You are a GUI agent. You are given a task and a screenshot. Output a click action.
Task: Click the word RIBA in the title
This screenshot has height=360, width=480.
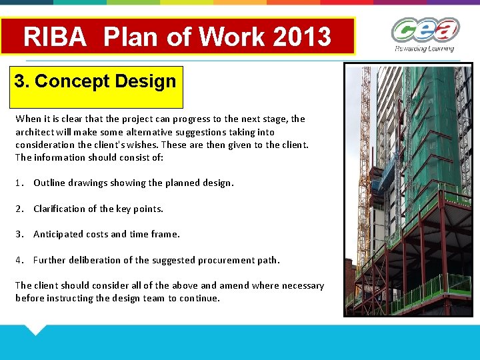pyautogui.click(x=55, y=37)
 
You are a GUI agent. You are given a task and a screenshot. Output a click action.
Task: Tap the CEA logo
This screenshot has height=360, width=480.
pyautogui.click(x=425, y=30)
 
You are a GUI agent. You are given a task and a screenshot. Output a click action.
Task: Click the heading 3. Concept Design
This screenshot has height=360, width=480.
pyautogui.click(x=95, y=82)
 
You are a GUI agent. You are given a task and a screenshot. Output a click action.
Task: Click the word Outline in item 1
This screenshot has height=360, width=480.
pyautogui.click(x=49, y=183)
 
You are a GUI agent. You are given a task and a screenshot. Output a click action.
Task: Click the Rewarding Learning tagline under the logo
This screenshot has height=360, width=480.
pyautogui.click(x=424, y=48)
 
